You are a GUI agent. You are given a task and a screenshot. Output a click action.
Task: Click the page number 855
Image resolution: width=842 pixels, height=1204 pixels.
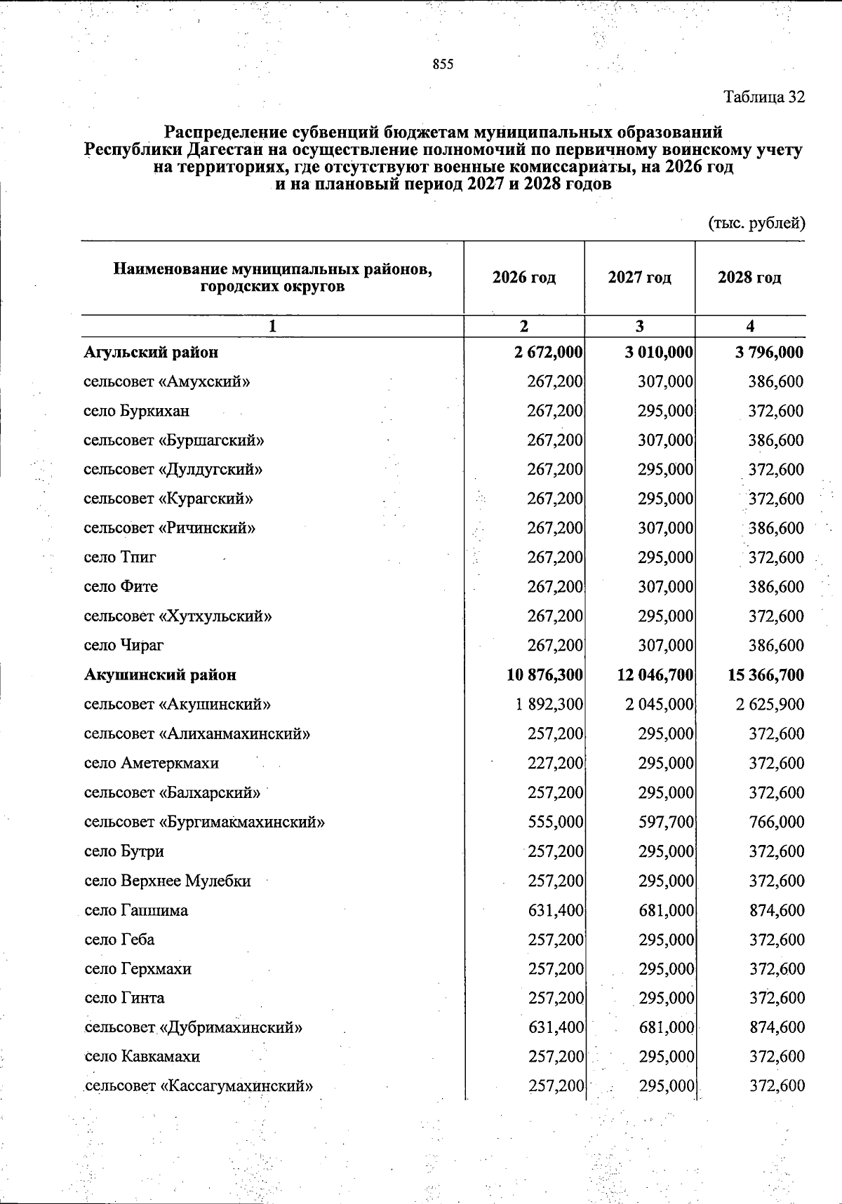point(443,65)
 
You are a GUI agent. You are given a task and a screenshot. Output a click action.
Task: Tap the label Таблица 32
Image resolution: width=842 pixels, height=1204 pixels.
point(764,97)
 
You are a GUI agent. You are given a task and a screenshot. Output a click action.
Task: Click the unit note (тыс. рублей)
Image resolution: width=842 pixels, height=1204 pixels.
point(756,224)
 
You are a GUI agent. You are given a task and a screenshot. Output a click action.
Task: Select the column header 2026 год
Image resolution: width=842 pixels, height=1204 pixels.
point(523,278)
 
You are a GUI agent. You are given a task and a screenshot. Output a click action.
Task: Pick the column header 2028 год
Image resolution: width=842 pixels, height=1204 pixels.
point(749,278)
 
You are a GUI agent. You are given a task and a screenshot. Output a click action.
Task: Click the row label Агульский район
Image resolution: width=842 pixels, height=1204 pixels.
point(151,352)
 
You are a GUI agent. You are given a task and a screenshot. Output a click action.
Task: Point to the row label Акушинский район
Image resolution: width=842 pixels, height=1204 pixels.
point(160,675)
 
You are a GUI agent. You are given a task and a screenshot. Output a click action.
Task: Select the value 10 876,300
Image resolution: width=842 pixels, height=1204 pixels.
point(544,675)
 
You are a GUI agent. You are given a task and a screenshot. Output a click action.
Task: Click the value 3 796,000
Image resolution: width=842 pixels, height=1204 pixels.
point(769,352)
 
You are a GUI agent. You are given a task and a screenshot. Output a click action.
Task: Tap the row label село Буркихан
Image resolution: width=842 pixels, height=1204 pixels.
point(136,411)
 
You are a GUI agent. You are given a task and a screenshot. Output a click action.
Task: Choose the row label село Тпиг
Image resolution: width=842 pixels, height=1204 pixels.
point(120,557)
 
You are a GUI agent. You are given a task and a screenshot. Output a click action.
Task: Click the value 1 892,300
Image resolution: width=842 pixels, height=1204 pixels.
point(549,705)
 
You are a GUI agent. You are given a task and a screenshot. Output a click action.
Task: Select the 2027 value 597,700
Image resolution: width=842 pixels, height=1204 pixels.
point(666,822)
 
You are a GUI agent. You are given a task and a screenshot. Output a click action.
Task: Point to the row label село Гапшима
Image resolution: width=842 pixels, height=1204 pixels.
point(136,910)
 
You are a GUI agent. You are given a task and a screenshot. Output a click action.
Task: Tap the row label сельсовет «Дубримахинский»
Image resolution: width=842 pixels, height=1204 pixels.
point(194,1028)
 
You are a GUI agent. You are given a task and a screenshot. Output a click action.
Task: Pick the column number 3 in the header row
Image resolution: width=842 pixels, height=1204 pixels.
point(639,326)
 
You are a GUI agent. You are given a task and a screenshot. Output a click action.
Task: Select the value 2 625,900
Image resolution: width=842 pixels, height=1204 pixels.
point(770,705)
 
